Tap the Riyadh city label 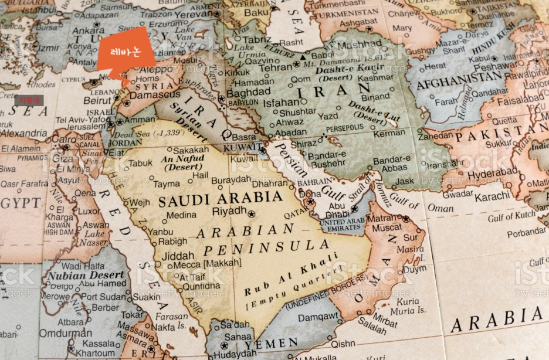point(229,210)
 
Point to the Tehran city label point(275,67)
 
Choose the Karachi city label point(492,197)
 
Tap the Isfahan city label point(282,103)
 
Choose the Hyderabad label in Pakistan point(490,174)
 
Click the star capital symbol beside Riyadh point(252,214)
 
